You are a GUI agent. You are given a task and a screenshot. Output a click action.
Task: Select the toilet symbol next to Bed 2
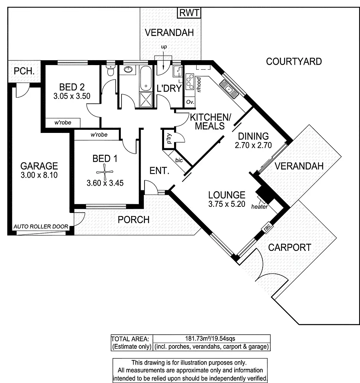point(111,71)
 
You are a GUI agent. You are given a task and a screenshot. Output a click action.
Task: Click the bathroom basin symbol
point(128,70)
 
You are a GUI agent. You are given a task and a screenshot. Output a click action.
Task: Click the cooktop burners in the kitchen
point(189,81)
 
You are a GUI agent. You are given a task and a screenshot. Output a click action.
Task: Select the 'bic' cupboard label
point(179,160)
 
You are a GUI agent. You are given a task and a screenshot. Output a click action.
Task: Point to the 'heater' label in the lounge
point(259,207)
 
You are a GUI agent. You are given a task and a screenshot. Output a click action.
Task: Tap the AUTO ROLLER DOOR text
point(41,227)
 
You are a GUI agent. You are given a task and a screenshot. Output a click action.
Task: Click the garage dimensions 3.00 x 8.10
point(39,177)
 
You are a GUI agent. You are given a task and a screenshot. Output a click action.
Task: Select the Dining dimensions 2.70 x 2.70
point(253,145)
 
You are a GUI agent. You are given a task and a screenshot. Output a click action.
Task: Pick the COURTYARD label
point(294,61)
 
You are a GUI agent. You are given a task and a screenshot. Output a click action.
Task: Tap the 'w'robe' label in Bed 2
point(63,123)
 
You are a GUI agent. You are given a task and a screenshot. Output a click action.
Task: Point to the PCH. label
point(25,71)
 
